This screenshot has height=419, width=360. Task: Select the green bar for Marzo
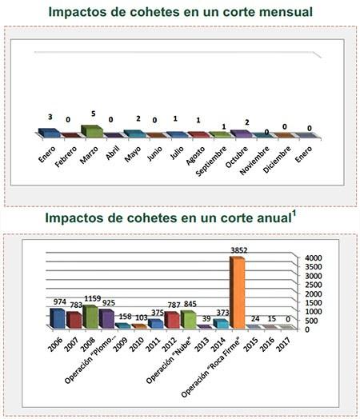pyautogui.click(x=91, y=131)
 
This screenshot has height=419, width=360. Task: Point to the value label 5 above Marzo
pyautogui.click(x=93, y=114)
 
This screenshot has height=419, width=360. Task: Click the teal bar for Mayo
pyautogui.click(x=133, y=134)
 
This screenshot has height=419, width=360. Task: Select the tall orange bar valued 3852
pyautogui.click(x=237, y=293)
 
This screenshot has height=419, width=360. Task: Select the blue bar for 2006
pyautogui.click(x=57, y=318)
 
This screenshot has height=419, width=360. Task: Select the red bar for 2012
pyautogui.click(x=171, y=320)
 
